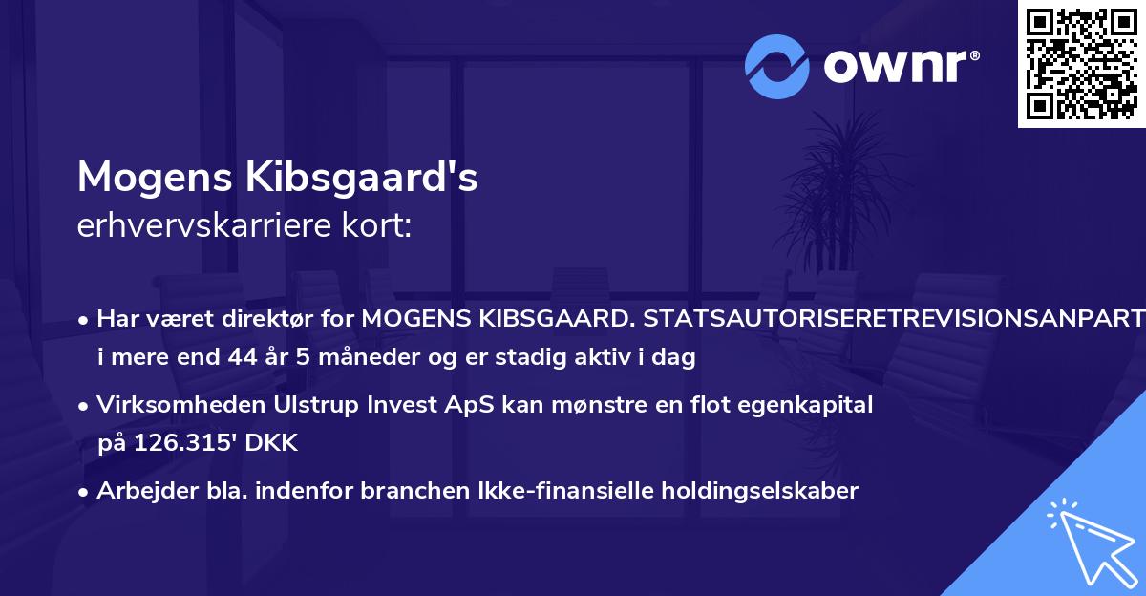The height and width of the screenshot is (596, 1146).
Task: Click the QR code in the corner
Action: pos(1081,64)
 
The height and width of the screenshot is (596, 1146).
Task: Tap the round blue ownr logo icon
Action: pos(778,66)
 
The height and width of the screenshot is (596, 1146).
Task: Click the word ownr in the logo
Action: pos(897,66)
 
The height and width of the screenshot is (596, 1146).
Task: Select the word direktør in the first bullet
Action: pos(255,319)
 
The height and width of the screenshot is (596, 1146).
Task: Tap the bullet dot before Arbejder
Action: pos(85,492)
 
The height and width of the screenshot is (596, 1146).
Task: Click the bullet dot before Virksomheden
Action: pos(85,406)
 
